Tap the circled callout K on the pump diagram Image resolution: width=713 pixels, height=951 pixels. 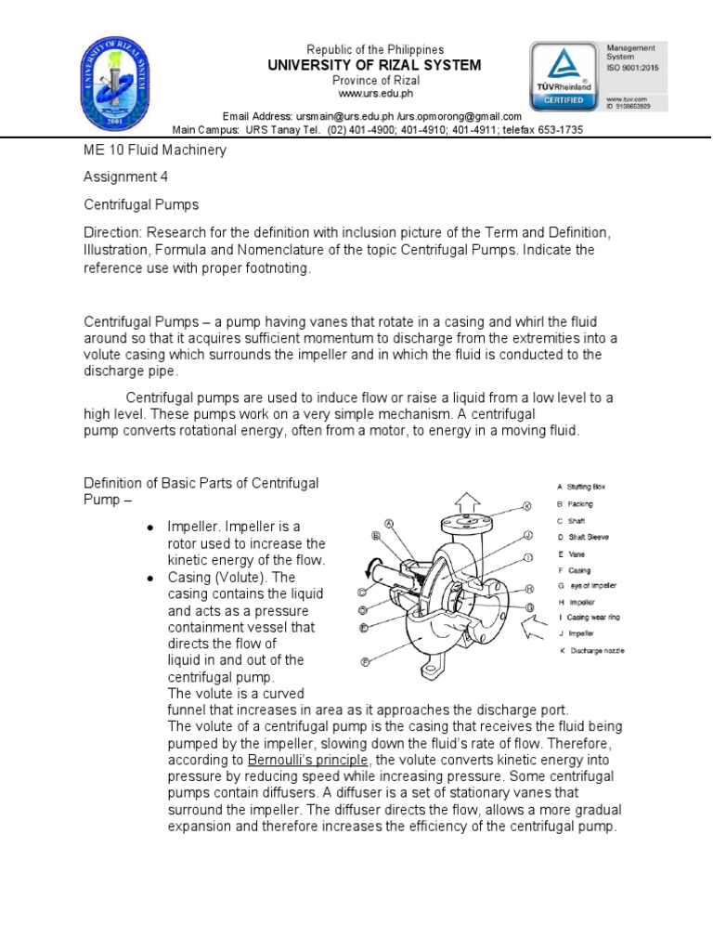525,507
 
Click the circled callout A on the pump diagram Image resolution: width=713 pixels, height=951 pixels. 389,524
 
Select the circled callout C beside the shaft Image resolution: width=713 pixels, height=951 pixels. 362,592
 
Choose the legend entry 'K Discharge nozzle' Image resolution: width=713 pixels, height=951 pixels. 590,651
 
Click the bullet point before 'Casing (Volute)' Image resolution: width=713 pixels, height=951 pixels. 150,577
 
